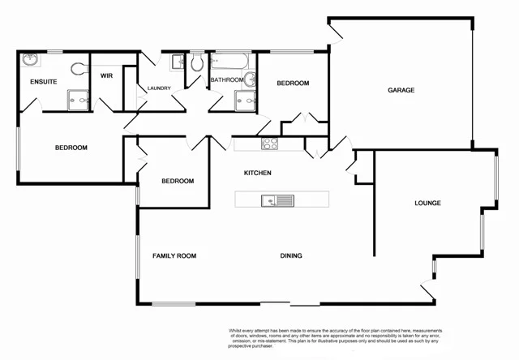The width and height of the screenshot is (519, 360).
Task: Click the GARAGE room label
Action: (401, 90)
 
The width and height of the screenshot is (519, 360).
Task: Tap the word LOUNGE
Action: (427, 203)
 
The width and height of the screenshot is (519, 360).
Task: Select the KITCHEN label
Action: (257, 174)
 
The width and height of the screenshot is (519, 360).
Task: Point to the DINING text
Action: (291, 256)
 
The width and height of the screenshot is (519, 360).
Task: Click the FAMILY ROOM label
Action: (174, 256)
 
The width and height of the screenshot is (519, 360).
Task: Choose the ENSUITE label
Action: (42, 82)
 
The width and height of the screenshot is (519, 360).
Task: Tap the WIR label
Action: (106, 76)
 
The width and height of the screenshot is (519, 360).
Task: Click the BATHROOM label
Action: (226, 80)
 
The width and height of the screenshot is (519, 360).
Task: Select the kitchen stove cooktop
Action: (269, 144)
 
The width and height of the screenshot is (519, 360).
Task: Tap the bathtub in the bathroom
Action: (232, 61)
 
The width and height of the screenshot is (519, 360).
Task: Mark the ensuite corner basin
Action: (31, 59)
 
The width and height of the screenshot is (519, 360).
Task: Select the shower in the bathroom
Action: (246, 101)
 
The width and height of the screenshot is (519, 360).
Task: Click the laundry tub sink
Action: (178, 62)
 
